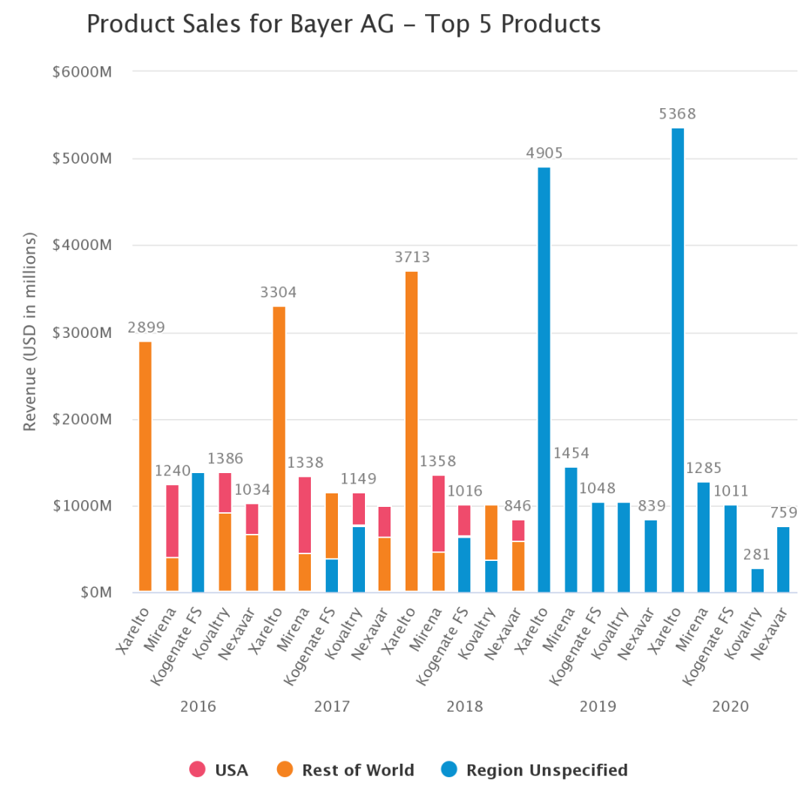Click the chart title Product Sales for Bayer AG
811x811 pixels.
click(343, 24)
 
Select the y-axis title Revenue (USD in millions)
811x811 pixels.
click(30, 331)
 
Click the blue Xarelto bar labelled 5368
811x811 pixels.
click(677, 360)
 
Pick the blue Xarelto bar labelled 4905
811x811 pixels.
click(544, 379)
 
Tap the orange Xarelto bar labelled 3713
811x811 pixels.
click(412, 432)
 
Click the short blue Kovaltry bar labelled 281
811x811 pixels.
click(758, 580)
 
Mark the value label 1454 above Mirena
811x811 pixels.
click(571, 454)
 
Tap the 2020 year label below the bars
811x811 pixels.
click(731, 707)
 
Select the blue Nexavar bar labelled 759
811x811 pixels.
click(784, 559)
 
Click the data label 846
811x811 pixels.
click(518, 506)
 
